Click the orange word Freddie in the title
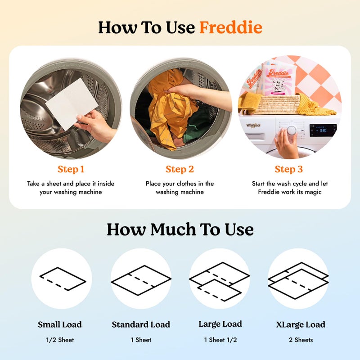[x=230, y=27]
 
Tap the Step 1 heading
[x=71, y=169]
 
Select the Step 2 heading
[x=180, y=169]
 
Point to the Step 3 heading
[x=288, y=169]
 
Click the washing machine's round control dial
[x=292, y=130]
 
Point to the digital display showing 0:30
[x=323, y=130]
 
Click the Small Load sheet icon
[x=62, y=279]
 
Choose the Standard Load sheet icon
[x=141, y=279]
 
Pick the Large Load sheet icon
[x=219, y=279]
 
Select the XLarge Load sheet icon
[x=298, y=279]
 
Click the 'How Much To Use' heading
[x=180, y=229]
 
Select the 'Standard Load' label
[x=141, y=324]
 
